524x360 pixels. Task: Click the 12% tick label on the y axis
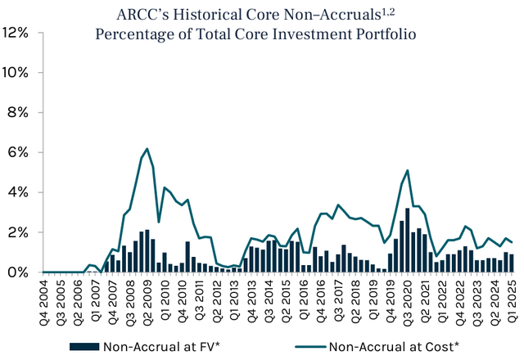16,33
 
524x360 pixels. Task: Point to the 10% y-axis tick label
16,72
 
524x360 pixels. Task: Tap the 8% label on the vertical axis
20,112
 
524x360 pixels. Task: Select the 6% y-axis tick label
20,152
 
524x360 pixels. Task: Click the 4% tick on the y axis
20,192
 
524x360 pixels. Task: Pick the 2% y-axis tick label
20,232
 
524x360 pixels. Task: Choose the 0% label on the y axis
20,272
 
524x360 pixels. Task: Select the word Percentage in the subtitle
134,35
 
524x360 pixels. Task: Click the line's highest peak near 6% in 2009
147,149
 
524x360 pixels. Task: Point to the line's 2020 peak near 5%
408,170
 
